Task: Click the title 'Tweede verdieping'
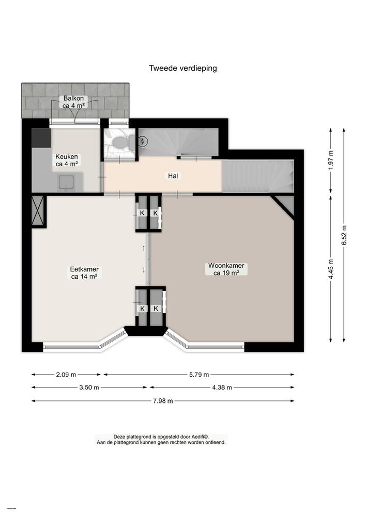[x=183, y=68]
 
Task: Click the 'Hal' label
[x=173, y=176]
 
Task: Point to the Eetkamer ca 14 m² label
[x=84, y=272]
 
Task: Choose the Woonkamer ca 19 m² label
[x=226, y=270]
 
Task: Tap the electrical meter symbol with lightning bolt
[x=143, y=141]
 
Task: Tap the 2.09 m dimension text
[x=66, y=375]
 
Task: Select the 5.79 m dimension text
[x=199, y=375]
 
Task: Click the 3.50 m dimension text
[x=89, y=388]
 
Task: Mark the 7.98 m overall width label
[x=162, y=401]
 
